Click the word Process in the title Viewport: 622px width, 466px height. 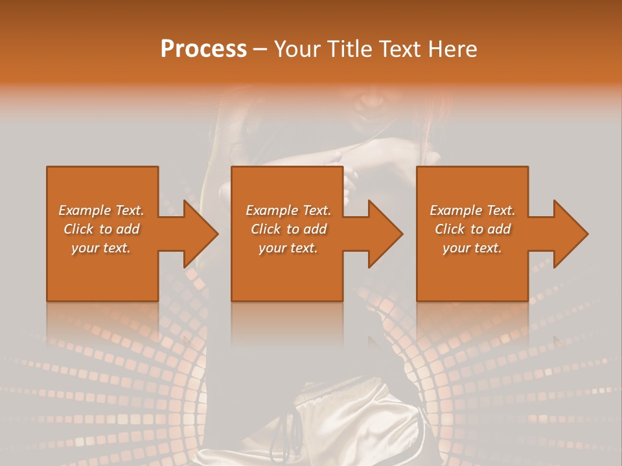tap(203, 49)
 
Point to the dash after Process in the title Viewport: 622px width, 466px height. tap(260, 50)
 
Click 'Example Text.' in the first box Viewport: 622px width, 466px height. tap(101, 210)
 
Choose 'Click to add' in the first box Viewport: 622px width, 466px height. tap(102, 229)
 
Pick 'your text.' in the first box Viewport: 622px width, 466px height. tap(101, 248)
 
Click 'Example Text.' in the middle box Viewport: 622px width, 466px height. tap(288, 210)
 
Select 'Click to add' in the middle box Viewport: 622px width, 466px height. tap(289, 229)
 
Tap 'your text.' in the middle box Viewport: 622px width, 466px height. tap(288, 248)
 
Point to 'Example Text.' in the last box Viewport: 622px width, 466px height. tap(472, 210)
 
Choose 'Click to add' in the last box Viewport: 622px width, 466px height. tap(473, 229)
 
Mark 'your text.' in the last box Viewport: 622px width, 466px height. tap(472, 248)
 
